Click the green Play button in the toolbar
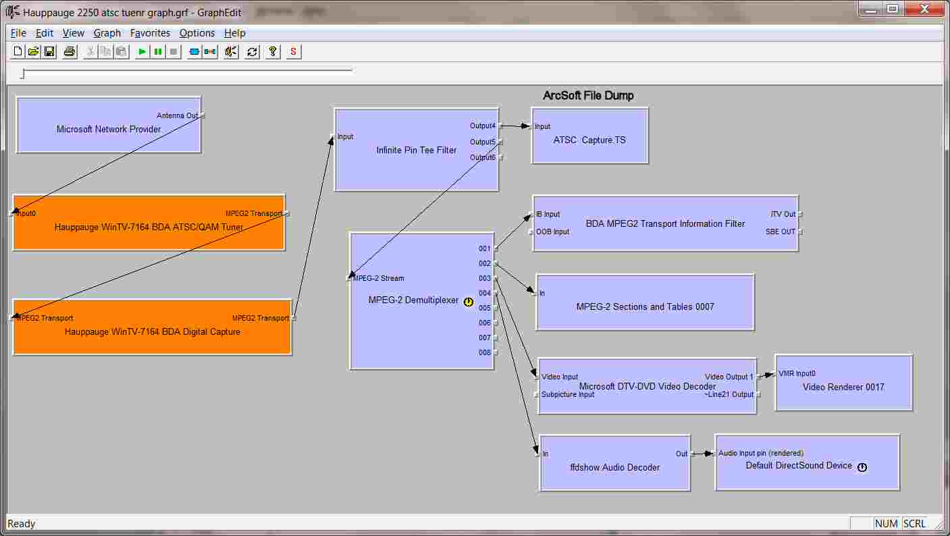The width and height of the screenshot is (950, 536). [142, 51]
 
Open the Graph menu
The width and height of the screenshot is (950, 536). [107, 33]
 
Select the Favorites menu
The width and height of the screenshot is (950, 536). [150, 33]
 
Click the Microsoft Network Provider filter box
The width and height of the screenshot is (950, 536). [108, 129]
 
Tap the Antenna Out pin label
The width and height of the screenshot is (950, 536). [177, 115]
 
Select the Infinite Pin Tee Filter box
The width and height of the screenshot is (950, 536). [416, 151]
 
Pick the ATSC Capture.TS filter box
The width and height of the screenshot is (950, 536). [589, 140]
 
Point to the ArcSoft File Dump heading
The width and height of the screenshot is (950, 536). [588, 95]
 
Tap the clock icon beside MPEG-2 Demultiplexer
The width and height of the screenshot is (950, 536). [469, 302]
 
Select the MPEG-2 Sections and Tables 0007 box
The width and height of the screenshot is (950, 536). [645, 306]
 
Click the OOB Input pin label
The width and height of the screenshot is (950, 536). [552, 232]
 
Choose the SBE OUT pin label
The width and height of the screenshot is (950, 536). [781, 232]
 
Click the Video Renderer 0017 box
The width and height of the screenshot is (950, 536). [843, 387]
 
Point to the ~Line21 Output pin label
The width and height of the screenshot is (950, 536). [729, 394]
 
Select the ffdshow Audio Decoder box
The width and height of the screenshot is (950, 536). [614, 467]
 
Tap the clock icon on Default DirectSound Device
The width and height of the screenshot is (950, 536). [862, 466]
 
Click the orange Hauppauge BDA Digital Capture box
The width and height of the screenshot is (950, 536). [152, 331]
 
